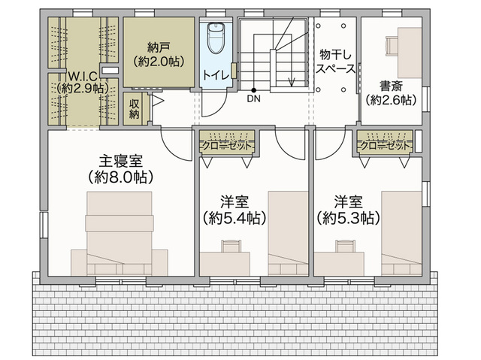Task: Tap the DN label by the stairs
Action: click(254, 98)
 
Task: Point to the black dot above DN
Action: click(254, 90)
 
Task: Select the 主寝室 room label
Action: click(120, 161)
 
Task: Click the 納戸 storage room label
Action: click(159, 47)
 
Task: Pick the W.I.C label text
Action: click(82, 75)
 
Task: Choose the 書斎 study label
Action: click(391, 86)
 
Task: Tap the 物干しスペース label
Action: click(336, 62)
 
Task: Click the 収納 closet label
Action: click(134, 109)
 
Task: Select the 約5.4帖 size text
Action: click(234, 218)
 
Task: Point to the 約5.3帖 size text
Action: click(349, 218)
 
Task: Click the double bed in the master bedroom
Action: click(119, 233)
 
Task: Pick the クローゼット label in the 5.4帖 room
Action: click(227, 146)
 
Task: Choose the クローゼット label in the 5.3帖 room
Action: click(385, 146)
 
